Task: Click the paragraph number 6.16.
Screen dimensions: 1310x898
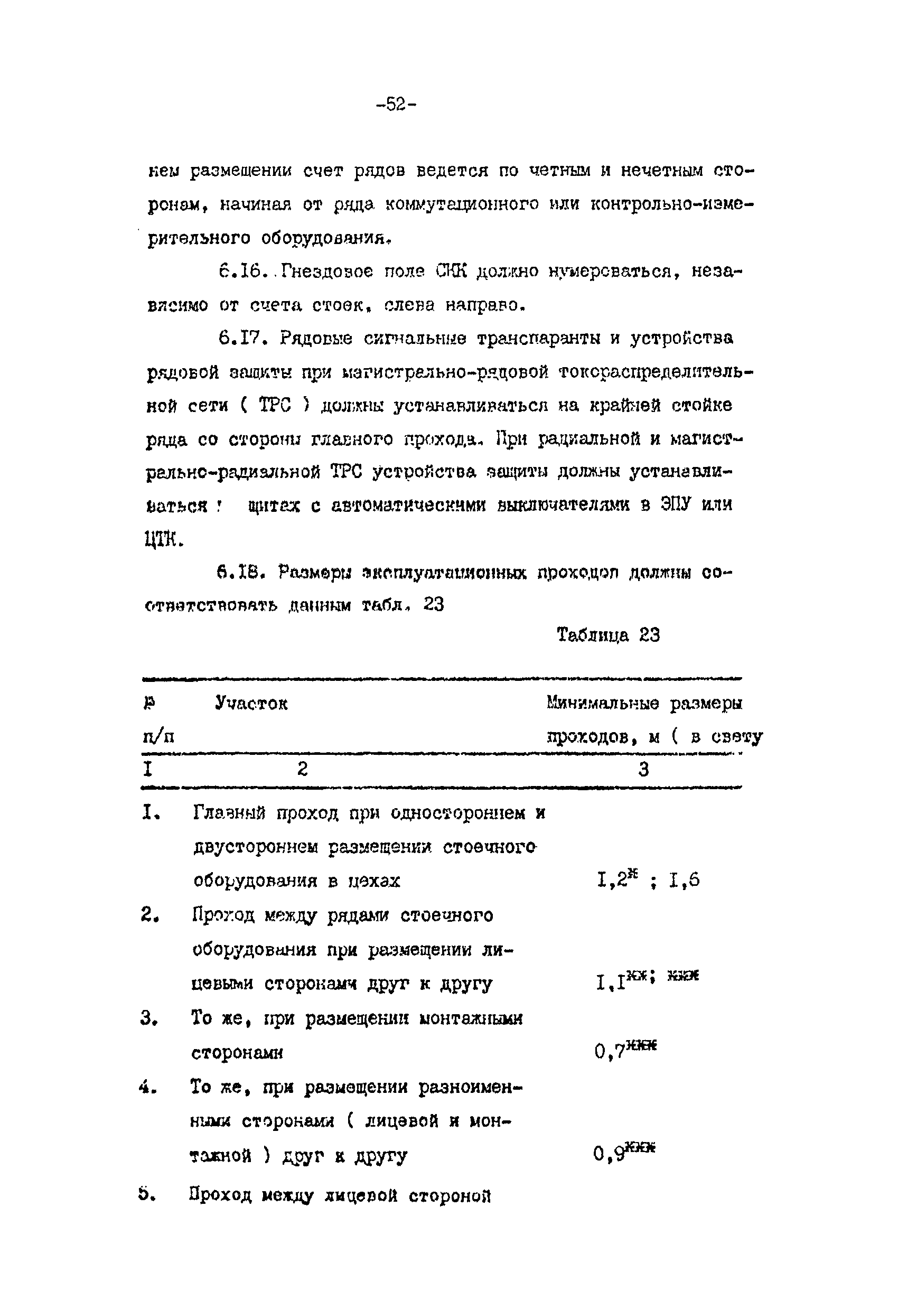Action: click(241, 272)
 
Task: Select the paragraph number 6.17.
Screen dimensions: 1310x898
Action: click(241, 338)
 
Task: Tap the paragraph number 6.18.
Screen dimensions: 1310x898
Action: click(241, 573)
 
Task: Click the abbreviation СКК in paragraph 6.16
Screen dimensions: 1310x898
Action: click(452, 272)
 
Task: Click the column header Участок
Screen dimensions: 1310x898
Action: click(251, 703)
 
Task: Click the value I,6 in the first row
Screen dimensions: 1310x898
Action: click(685, 880)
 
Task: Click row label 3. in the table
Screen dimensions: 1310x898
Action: click(148, 1018)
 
